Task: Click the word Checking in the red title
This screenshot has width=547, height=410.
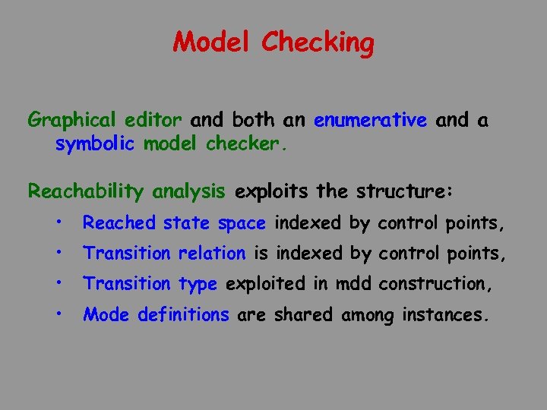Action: pyautogui.click(x=318, y=43)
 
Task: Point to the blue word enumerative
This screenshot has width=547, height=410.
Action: pyautogui.click(x=370, y=120)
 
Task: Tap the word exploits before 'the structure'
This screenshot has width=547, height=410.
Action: pyautogui.click(x=272, y=191)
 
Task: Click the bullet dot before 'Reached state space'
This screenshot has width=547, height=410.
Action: pyautogui.click(x=58, y=223)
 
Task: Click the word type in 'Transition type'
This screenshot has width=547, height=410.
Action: pyautogui.click(x=198, y=285)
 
